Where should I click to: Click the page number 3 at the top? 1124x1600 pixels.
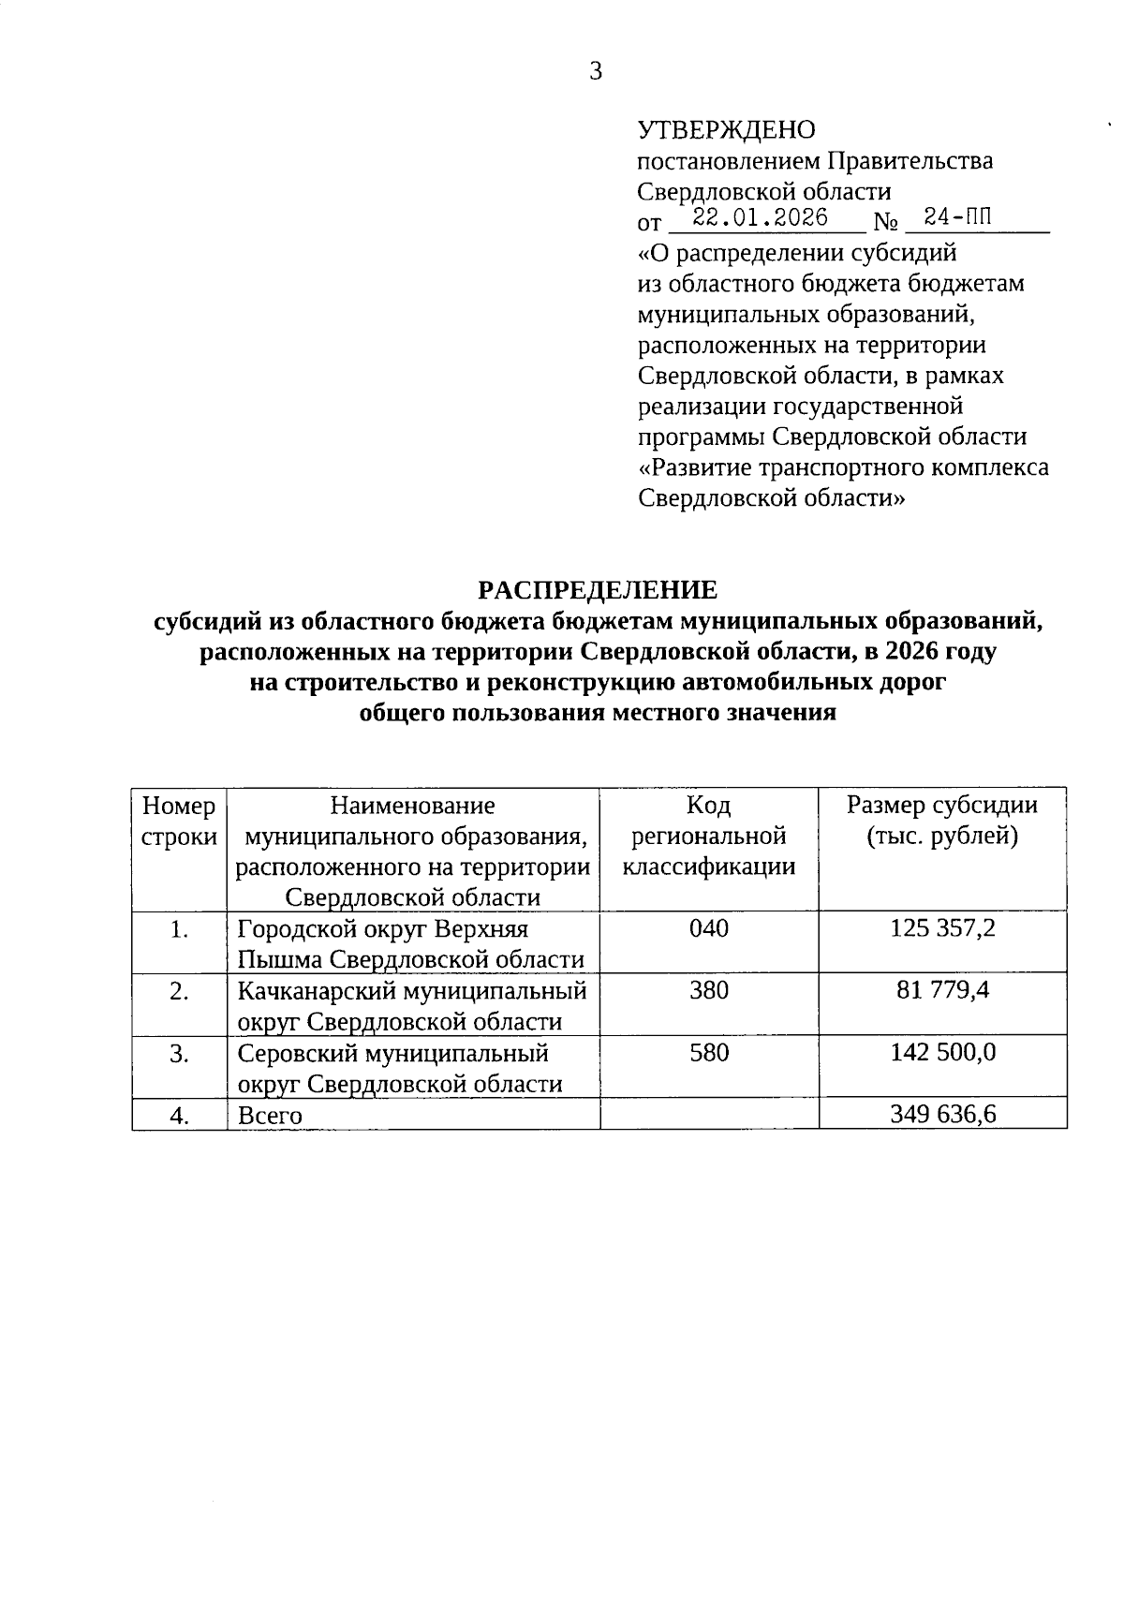[x=596, y=71]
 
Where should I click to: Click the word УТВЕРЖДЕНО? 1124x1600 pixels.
[x=726, y=130]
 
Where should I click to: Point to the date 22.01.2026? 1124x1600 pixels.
[x=761, y=218]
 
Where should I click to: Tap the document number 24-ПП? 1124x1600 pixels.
[x=956, y=218]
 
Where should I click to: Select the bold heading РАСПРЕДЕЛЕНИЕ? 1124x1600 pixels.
[x=598, y=589]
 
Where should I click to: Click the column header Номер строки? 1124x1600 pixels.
[x=179, y=821]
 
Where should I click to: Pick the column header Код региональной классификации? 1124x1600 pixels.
[x=709, y=836]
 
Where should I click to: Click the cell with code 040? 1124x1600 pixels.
[x=709, y=928]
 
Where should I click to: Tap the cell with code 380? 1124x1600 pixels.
[x=709, y=990]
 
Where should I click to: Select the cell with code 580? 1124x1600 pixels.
[x=709, y=1052]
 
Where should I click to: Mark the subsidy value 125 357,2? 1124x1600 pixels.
[x=942, y=928]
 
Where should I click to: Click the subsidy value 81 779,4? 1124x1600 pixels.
[x=942, y=990]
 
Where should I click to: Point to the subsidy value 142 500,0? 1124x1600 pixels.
[x=942, y=1052]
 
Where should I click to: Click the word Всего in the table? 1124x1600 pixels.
[x=270, y=1116]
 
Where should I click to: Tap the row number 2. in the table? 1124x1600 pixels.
[x=180, y=991]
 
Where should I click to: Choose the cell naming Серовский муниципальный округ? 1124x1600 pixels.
[x=400, y=1068]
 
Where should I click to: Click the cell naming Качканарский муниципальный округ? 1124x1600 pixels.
[x=412, y=1005]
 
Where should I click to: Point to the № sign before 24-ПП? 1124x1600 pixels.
[x=886, y=223]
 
